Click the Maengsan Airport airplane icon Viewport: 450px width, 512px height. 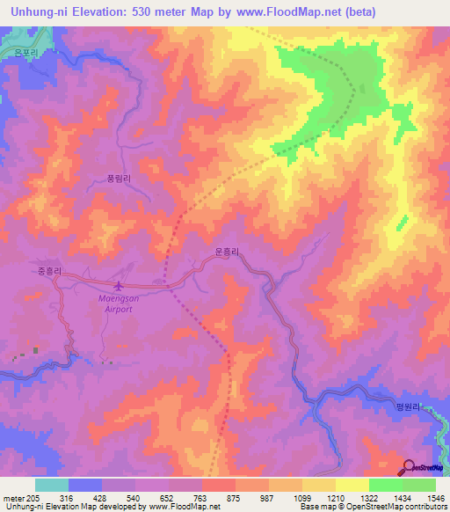pyautogui.click(x=119, y=286)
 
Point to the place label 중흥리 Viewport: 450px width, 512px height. pyautogui.click(x=49, y=271)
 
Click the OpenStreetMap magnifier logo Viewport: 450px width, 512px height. pyautogui.click(x=410, y=467)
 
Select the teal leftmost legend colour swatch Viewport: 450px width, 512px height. pyautogui.click(x=51, y=485)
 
